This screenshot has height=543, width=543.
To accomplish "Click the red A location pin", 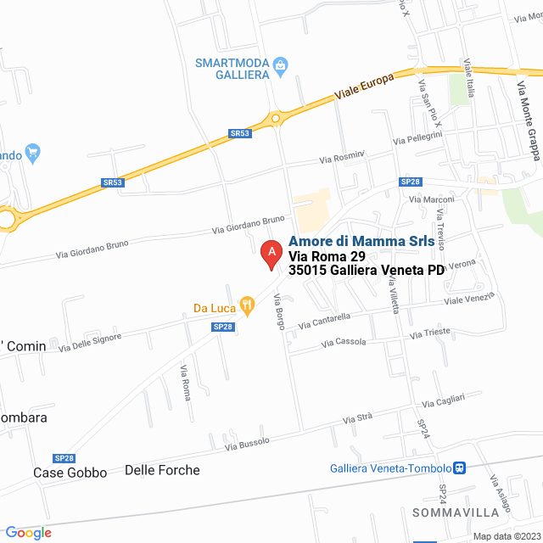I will click(x=271, y=254).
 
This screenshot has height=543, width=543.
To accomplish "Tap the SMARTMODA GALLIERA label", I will click(x=232, y=69).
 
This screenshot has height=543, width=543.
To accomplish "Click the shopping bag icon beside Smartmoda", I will click(x=282, y=64).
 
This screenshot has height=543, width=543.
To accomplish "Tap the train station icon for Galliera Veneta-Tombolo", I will click(x=458, y=468).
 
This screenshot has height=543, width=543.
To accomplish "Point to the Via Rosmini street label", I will click(x=342, y=157).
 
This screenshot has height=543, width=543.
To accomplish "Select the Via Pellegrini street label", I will click(x=418, y=137).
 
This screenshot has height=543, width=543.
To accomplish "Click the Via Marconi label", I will click(x=432, y=199).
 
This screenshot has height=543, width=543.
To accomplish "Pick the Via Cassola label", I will click(x=344, y=342).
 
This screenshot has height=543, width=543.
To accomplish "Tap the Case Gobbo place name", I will click(x=70, y=473).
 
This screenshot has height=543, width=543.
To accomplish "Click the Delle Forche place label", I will click(x=162, y=470).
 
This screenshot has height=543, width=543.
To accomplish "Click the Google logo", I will click(x=28, y=532).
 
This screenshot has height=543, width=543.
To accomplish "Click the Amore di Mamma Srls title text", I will click(x=361, y=241).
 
